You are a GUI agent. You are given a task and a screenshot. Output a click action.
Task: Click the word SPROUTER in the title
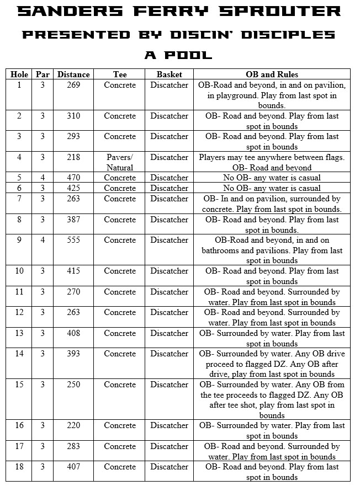(x=293, y=11)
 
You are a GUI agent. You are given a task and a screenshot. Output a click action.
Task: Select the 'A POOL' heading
(x=178, y=55)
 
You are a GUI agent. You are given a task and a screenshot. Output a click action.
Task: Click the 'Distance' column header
(x=73, y=74)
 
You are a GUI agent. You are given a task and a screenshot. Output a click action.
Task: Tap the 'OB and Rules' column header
(x=272, y=74)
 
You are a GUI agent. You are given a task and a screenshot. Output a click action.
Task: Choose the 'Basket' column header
(x=169, y=74)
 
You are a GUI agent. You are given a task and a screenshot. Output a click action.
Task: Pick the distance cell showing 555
(x=73, y=240)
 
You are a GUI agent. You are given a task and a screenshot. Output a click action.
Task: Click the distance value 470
(x=73, y=178)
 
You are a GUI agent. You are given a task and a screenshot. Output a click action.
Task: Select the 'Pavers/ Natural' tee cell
(x=120, y=162)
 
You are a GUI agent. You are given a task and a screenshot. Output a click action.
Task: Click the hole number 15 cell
(x=19, y=384)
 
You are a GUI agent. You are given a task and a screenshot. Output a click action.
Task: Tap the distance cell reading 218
(x=73, y=157)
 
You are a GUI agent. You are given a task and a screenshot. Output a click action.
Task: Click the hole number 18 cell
(x=19, y=467)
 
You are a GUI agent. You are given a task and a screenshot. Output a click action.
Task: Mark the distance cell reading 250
(x=73, y=384)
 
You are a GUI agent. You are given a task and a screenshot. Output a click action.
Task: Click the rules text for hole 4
(x=272, y=162)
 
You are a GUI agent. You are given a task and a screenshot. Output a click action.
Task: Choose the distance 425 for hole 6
(x=73, y=188)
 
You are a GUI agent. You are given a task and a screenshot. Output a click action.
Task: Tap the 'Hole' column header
(x=19, y=74)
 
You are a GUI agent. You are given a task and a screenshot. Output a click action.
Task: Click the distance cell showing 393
(x=73, y=354)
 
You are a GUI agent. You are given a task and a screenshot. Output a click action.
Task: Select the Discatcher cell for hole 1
(x=169, y=85)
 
